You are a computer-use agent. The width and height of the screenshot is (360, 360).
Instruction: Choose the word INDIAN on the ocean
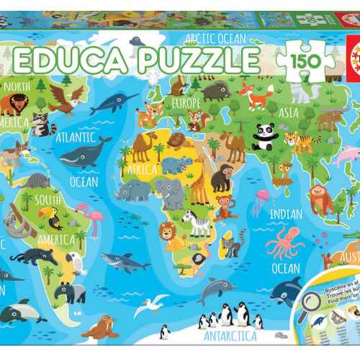point(287,214)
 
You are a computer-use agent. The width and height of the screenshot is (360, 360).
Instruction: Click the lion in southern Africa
point(167,232)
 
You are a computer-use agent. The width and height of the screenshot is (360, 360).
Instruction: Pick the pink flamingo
point(93,216)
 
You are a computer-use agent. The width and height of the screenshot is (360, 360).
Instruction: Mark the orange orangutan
point(321,199)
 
